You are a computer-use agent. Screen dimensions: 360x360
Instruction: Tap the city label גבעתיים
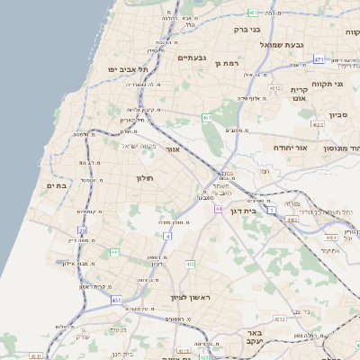pos(193,58)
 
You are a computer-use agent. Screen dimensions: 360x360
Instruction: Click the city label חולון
pos(146,179)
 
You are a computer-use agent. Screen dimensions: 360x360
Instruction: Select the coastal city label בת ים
pos(56,185)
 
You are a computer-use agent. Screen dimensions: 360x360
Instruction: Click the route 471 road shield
pos(319,58)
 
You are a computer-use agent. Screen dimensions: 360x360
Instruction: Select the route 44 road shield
pos(219,209)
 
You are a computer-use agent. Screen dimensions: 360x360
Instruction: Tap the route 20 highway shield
pos(82,230)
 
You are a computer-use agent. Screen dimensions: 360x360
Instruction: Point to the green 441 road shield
pos(114,253)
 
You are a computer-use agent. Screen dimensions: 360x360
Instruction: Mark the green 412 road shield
pos(190,264)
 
